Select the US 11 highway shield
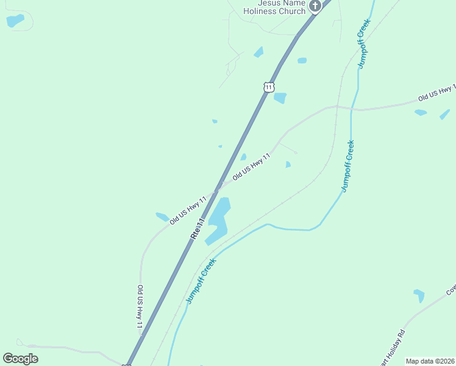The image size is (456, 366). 269,87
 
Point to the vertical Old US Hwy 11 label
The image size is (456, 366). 140,308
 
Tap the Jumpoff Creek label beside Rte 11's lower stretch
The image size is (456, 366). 201,281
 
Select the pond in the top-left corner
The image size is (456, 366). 15,20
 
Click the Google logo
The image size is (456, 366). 21,359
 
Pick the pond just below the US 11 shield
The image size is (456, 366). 280,98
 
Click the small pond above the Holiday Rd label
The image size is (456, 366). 419,295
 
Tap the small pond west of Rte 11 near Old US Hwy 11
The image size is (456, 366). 162,217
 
